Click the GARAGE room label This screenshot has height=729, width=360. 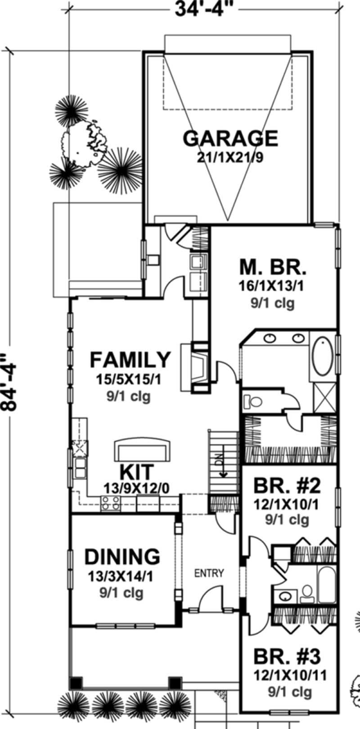point(230,138)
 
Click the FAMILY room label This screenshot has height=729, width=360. point(130,360)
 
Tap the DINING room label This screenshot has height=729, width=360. point(122,556)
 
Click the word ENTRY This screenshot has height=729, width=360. point(209,573)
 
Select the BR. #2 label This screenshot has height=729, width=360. point(287,486)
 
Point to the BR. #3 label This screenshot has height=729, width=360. point(287,657)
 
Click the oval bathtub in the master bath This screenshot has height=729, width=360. point(323,357)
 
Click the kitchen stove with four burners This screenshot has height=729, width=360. point(110,503)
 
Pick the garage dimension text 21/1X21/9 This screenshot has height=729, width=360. point(230,157)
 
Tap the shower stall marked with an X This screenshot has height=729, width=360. point(324,398)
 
